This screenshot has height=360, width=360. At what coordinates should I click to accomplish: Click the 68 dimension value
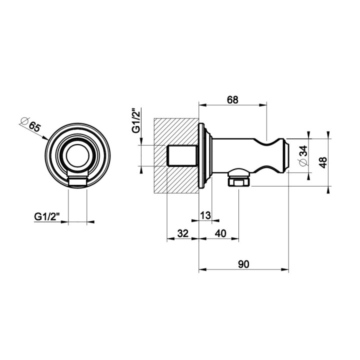pyautogui.click(x=232, y=100)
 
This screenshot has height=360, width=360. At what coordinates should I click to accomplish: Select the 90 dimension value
pyautogui.click(x=243, y=264)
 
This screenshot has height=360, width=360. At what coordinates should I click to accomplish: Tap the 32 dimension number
pyautogui.click(x=183, y=233)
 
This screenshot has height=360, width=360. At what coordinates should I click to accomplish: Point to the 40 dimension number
pyautogui.click(x=220, y=233)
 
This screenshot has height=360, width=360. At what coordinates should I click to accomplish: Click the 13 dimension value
pyautogui.click(x=205, y=215)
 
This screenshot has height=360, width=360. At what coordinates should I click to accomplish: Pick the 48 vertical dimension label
pyautogui.click(x=323, y=162)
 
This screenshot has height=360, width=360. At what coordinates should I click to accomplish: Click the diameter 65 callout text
pyautogui.click(x=31, y=124)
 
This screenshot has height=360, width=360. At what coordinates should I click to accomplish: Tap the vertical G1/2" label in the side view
pyautogui.click(x=136, y=120)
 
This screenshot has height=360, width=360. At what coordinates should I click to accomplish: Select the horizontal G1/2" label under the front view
pyautogui.click(x=47, y=216)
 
